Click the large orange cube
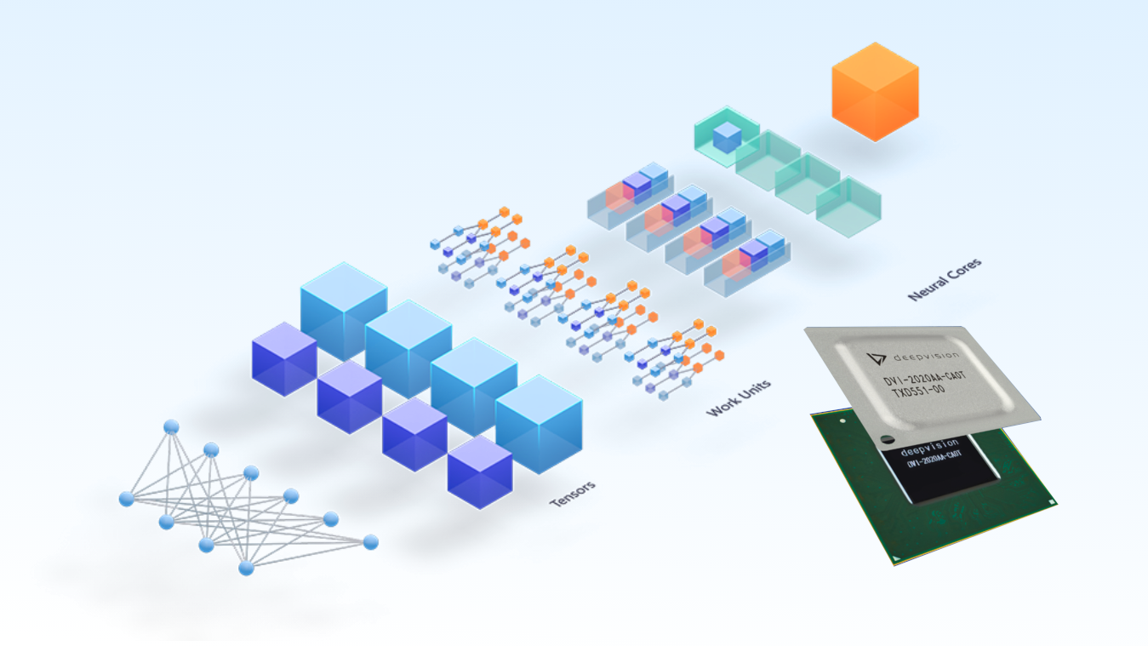coord(875,91)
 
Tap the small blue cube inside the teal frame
coord(727,137)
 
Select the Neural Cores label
coord(945,278)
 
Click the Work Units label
coord(739,397)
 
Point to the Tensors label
coord(572,495)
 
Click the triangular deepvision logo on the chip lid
coord(872,358)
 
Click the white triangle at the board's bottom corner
coord(895,559)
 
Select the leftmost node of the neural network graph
coord(126,499)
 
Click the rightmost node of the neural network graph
coord(370,541)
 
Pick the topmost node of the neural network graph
coord(171,426)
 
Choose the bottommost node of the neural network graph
coord(246,568)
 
